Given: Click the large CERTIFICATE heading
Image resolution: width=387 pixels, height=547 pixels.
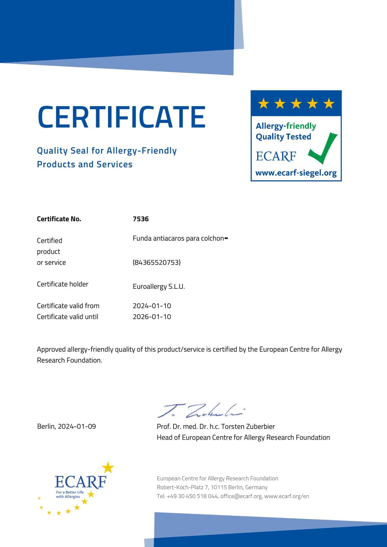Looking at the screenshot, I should (x=121, y=117).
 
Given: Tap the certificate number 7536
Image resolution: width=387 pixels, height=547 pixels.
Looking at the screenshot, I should (x=141, y=219).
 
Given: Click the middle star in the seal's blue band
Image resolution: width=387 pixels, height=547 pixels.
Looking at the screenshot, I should (x=296, y=104).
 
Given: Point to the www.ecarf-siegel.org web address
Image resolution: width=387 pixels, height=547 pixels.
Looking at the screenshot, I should (x=296, y=173).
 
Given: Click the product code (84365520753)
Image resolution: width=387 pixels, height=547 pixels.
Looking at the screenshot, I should (x=156, y=262).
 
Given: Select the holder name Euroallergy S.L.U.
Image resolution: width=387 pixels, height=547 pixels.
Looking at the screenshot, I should (x=159, y=287).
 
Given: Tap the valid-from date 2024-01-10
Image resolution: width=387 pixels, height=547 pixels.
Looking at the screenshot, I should (x=152, y=306).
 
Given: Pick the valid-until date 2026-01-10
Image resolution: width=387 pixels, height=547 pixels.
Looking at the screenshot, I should (x=152, y=317).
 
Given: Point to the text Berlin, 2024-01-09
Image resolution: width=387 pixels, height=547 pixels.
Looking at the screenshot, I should (x=66, y=426).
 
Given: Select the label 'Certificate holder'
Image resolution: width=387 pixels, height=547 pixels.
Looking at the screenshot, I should (x=63, y=284).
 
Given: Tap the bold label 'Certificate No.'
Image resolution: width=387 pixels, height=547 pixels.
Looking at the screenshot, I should (x=59, y=219).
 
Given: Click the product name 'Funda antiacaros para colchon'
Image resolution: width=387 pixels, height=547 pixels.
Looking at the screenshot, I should (x=178, y=238).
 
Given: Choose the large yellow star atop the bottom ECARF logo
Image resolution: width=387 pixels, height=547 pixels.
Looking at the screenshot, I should (x=108, y=467).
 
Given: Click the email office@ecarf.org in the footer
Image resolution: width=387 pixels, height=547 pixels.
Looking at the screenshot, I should (x=241, y=496).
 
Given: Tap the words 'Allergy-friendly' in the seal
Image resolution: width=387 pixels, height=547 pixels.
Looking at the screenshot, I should (x=286, y=126).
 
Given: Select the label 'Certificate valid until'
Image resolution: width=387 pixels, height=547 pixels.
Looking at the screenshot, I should (x=67, y=317).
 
